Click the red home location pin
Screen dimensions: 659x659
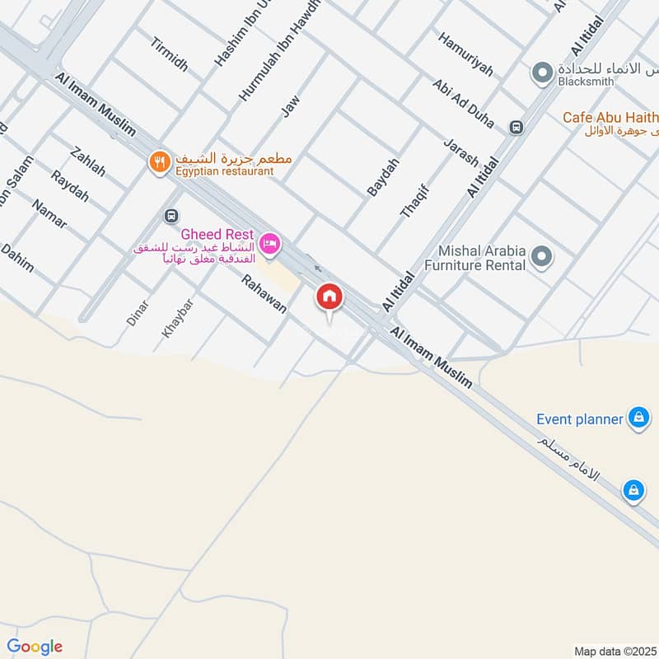(329, 298)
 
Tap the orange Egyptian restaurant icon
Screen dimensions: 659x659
(158, 162)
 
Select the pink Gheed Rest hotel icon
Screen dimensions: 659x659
(270, 244)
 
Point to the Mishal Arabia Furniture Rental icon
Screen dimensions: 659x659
(541, 257)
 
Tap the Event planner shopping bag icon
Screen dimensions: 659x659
(638, 418)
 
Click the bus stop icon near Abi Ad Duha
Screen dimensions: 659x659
(516, 127)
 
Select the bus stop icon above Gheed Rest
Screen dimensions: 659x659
(171, 216)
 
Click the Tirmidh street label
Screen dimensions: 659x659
(169, 54)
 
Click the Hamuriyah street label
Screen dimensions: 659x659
(465, 55)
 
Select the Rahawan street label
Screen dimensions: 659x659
(264, 294)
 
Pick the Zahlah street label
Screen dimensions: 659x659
(88, 161)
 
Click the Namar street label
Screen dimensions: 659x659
(49, 213)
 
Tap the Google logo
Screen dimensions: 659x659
(35, 647)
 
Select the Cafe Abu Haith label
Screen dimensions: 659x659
(610, 117)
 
